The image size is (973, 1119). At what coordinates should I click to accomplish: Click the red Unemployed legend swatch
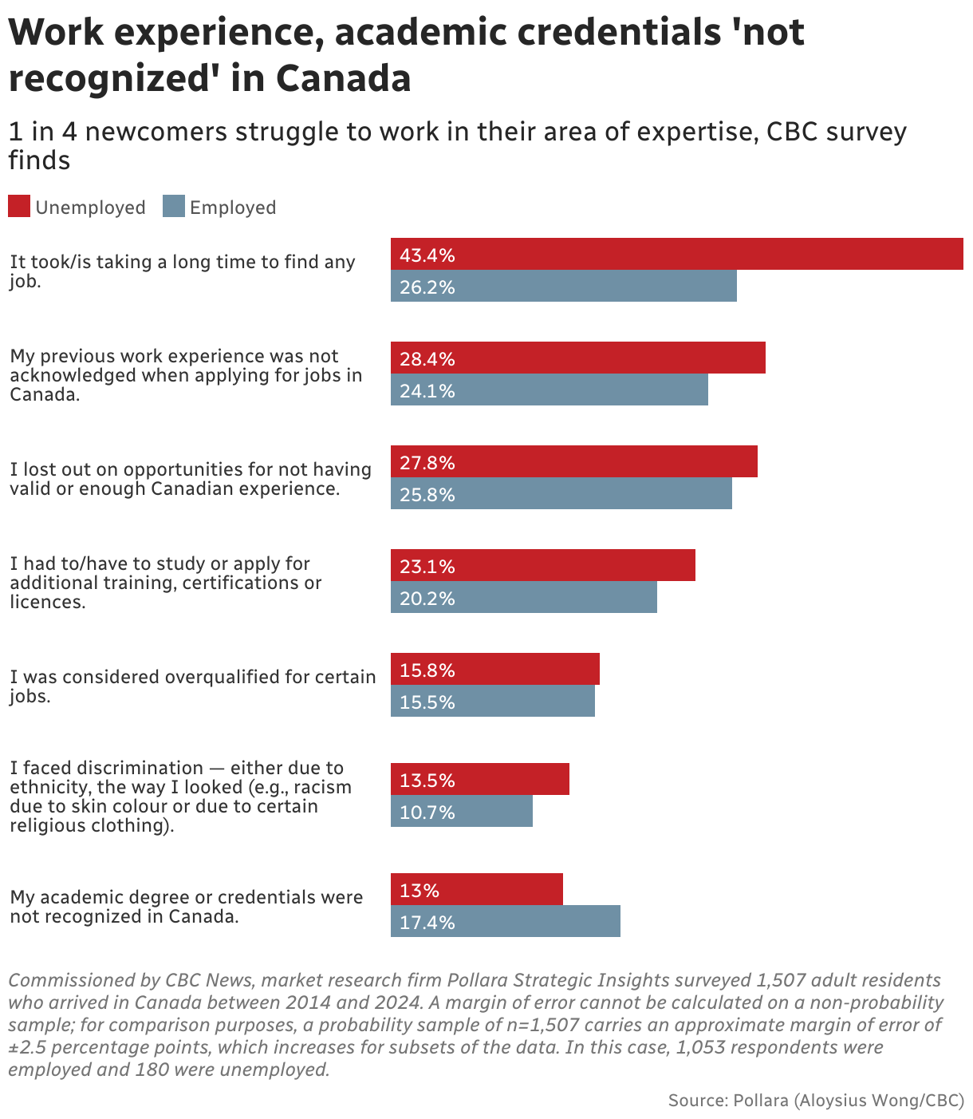[x=19, y=206]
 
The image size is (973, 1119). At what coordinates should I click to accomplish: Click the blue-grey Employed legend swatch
[x=174, y=206]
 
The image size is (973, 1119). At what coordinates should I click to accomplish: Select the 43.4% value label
[x=427, y=255]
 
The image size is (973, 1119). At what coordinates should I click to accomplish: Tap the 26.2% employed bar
[x=563, y=286]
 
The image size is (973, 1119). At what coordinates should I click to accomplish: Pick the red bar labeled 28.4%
[x=577, y=358]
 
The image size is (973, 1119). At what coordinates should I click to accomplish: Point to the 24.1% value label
[x=427, y=391]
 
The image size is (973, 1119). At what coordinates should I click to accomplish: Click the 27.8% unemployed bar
[x=573, y=461]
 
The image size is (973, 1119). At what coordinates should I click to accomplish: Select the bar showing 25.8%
[x=561, y=493]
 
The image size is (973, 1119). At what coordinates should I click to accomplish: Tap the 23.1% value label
[x=427, y=567]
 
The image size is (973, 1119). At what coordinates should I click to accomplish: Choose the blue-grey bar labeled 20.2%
[x=523, y=597]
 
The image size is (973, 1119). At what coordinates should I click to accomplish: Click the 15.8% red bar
[x=494, y=669]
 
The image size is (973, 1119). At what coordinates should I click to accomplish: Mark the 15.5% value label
[x=427, y=702]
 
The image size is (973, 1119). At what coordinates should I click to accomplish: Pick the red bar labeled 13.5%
[x=479, y=779]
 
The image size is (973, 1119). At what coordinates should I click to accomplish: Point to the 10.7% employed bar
[x=461, y=811]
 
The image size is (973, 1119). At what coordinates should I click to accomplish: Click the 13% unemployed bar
[x=476, y=889]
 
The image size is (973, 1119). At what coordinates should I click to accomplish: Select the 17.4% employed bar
[x=505, y=921]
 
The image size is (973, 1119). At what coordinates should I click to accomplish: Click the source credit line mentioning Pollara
[x=815, y=1101]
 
